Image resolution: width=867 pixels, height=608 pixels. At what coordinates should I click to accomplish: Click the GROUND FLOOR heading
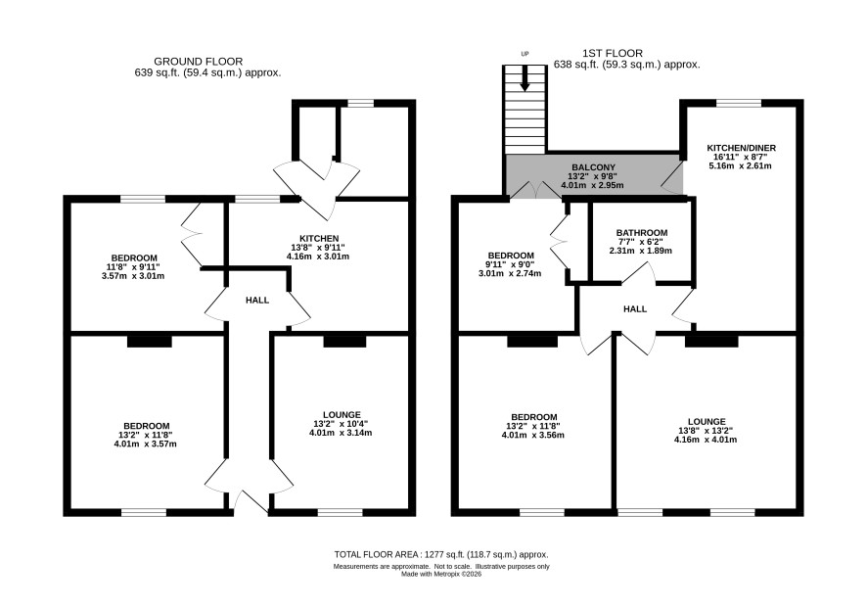[198, 62]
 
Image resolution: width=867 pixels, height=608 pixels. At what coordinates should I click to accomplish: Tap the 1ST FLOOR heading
[613, 53]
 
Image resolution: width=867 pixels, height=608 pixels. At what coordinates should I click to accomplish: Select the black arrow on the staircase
[525, 78]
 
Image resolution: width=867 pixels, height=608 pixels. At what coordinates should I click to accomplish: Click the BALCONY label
[593, 167]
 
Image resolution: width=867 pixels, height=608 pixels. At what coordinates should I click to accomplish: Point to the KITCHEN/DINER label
[742, 148]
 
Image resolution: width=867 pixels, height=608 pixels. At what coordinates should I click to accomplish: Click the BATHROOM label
[642, 233]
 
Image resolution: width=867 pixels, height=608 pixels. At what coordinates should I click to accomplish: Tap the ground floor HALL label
[257, 300]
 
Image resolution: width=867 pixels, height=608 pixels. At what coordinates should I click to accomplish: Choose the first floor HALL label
[635, 308]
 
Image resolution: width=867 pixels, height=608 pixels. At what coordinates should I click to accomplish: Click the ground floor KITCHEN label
[319, 239]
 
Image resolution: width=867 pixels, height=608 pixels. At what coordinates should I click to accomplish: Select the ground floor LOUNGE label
[342, 415]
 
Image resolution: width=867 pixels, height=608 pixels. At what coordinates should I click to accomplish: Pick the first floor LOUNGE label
[707, 422]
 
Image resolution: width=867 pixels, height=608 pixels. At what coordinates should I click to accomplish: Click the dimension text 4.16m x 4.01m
[706, 440]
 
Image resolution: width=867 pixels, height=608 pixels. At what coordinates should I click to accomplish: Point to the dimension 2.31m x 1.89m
[640, 251]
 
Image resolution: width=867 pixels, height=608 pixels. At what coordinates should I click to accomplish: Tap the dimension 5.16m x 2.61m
[740, 165]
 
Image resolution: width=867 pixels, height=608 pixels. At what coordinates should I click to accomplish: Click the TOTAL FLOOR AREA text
[441, 554]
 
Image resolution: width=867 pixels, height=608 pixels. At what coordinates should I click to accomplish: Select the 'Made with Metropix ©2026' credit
[441, 575]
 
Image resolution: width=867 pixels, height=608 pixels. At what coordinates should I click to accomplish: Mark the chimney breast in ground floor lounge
[344, 342]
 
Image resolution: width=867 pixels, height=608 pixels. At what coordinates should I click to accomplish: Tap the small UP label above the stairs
[525, 54]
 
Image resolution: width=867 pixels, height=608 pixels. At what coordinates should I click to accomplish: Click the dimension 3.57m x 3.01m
[133, 275]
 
